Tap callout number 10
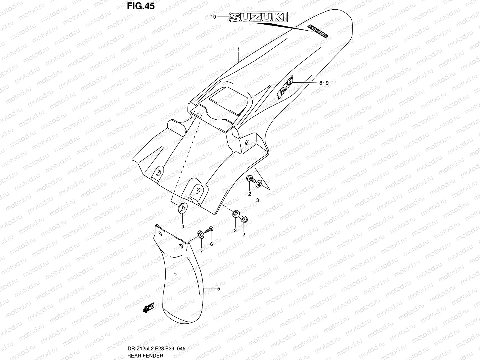(213, 17)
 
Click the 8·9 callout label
(324, 83)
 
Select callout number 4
(182, 226)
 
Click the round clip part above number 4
(183, 208)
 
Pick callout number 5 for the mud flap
(218, 289)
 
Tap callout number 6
(211, 244)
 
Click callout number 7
(201, 251)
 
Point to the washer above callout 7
(199, 234)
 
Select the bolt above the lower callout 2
(244, 219)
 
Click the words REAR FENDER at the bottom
(145, 355)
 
